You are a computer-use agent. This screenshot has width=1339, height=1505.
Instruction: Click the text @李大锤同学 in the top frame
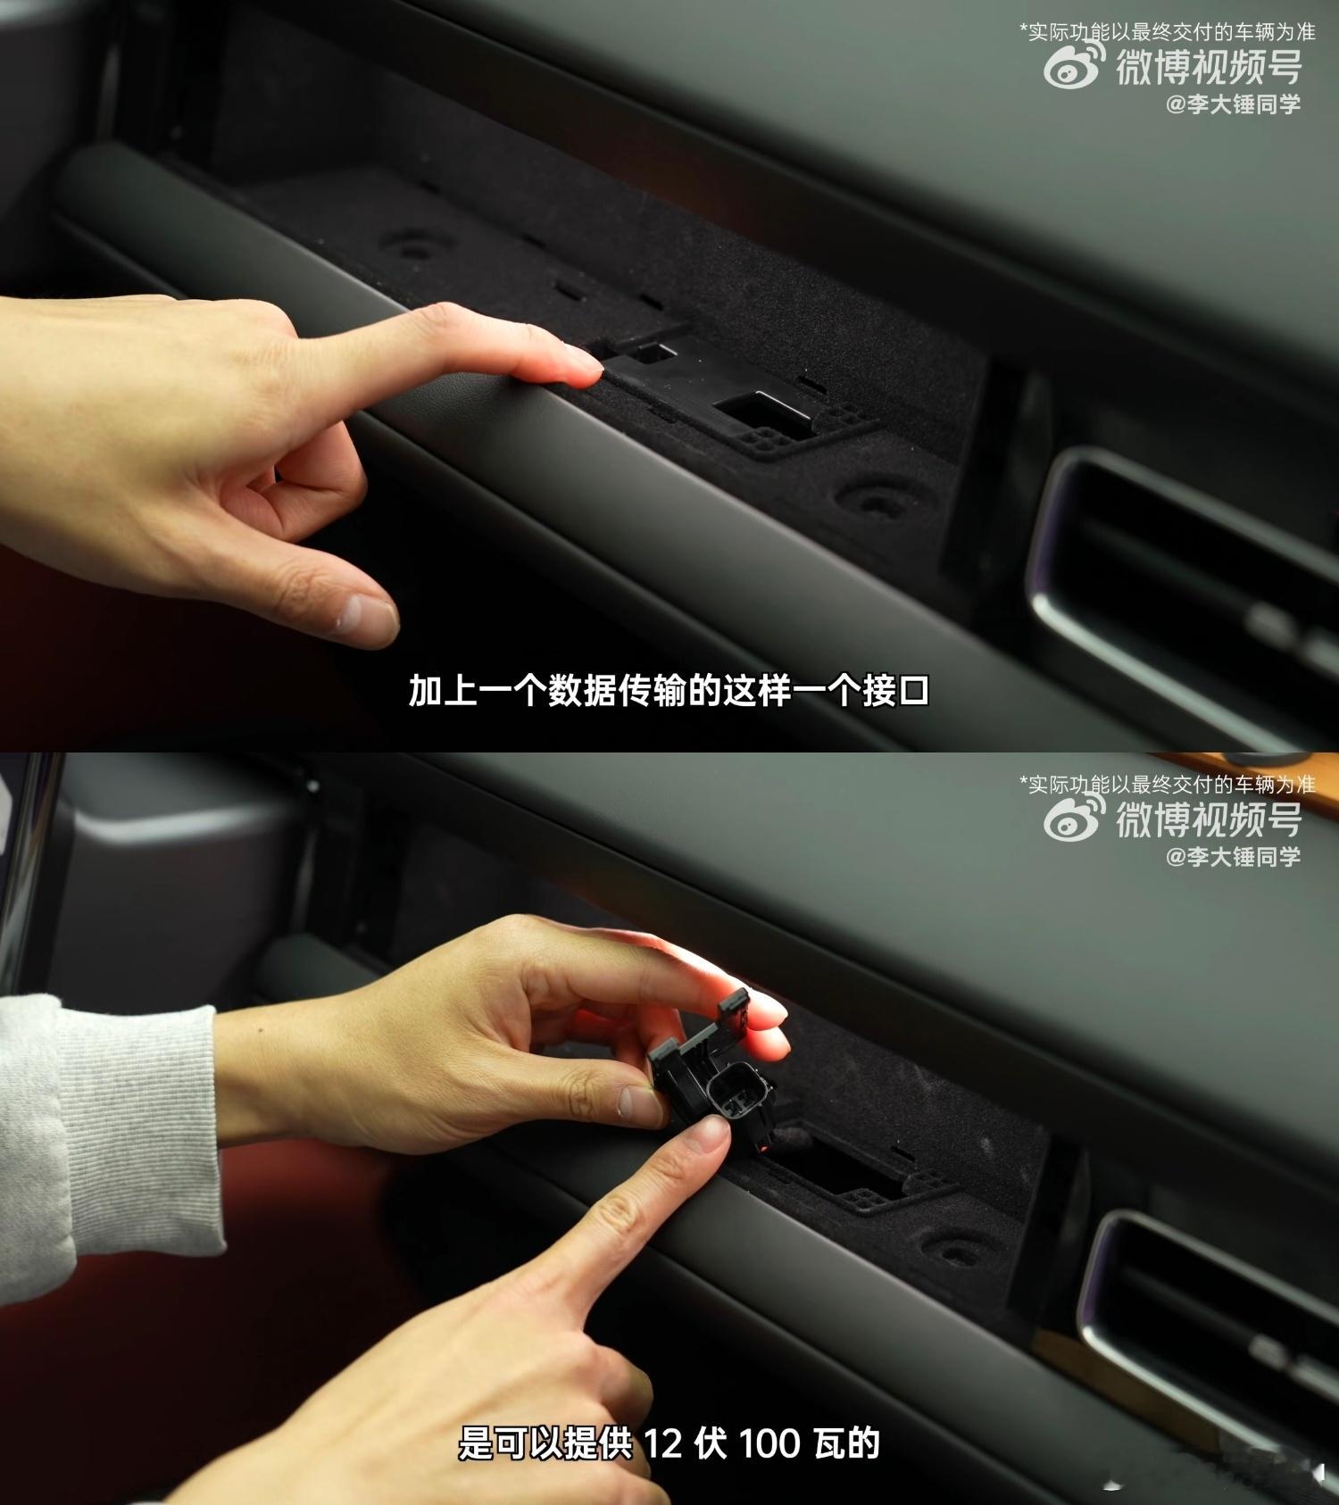tap(1233, 104)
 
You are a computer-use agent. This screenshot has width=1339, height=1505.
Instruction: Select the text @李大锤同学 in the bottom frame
tap(1233, 857)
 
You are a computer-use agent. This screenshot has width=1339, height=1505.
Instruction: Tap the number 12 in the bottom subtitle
tap(663, 1443)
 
